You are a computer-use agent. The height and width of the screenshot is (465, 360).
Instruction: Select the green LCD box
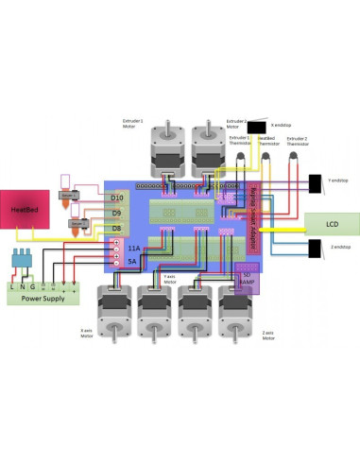click(x=331, y=224)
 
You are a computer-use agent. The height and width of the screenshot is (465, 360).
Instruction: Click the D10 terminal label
click(x=116, y=198)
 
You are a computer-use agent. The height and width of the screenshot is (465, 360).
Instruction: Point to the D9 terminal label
click(x=116, y=213)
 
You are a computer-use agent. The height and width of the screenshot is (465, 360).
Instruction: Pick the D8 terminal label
click(x=116, y=228)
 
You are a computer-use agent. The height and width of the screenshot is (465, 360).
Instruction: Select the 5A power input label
click(x=132, y=260)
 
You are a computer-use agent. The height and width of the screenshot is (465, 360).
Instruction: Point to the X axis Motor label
click(x=86, y=333)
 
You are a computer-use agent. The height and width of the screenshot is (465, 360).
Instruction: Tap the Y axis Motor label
click(x=170, y=280)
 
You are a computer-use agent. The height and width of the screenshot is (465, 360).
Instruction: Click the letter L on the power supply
click(x=12, y=285)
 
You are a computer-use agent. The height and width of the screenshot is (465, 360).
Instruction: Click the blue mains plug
click(x=22, y=260)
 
